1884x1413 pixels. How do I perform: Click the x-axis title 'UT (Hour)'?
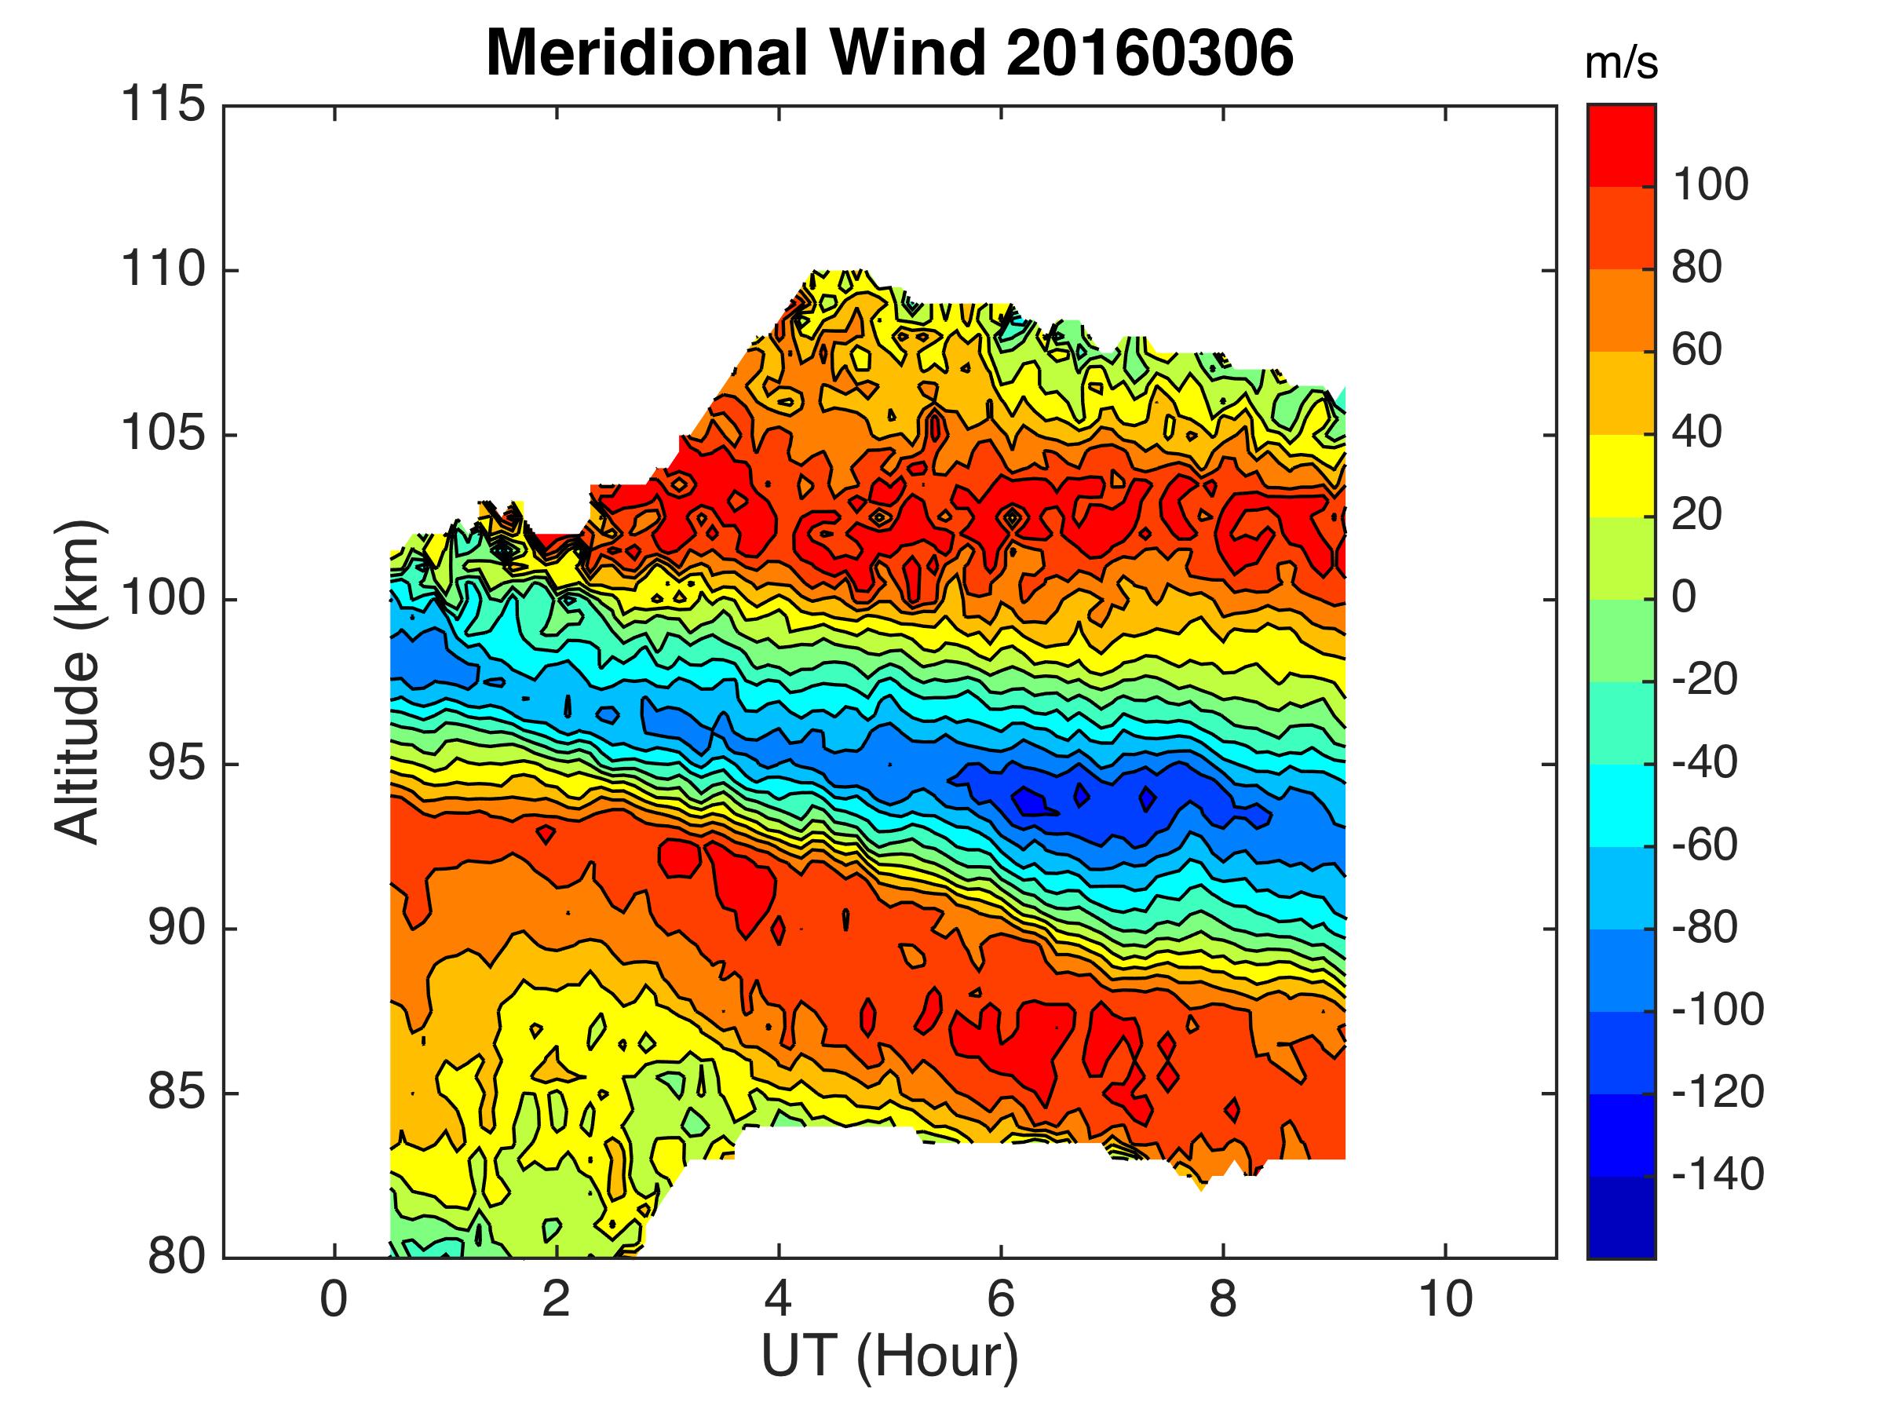(x=889, y=1356)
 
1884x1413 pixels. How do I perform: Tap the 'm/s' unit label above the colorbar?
(x=1621, y=64)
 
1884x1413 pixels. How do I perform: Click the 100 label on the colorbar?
(x=1711, y=184)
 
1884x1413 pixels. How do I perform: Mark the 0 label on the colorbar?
(x=1684, y=598)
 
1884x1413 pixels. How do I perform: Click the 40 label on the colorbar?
(x=1697, y=433)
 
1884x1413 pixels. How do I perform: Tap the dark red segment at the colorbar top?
(x=1621, y=144)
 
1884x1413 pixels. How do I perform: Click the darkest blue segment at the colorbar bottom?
(x=1621, y=1218)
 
